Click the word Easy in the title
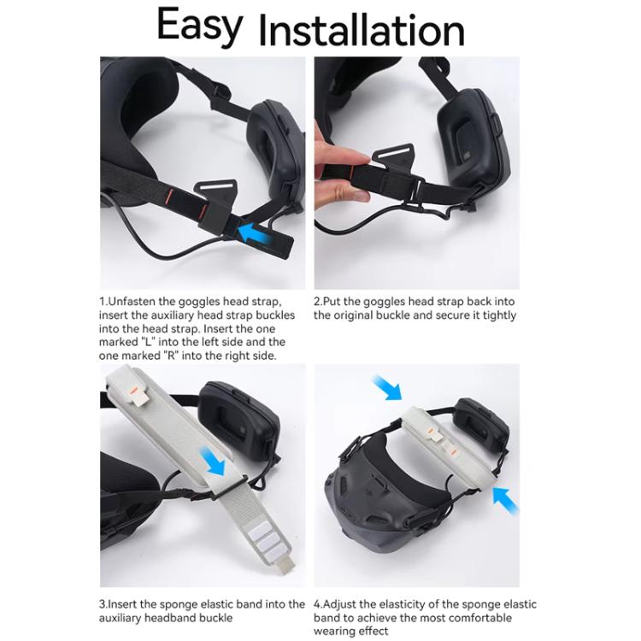click(200, 26)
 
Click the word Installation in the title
click(362, 31)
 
